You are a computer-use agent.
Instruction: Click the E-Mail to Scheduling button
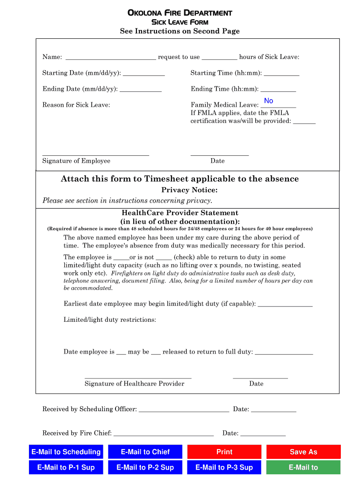[66, 452]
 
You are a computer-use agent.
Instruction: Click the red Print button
[224, 452]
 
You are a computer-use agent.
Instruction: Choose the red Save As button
[303, 452]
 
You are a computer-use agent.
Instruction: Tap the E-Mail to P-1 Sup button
[66, 467]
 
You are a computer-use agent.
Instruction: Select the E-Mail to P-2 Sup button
[145, 467]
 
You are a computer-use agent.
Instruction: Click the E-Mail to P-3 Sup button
[224, 467]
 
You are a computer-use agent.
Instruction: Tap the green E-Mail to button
[303, 467]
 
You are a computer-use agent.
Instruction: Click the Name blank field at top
[111, 57]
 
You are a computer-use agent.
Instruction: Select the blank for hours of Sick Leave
[219, 57]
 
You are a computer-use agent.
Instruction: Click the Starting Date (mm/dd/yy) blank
[144, 73]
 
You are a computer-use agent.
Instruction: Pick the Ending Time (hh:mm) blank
[278, 89]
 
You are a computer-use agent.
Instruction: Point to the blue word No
[268, 101]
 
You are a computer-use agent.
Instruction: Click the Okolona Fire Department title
[180, 13]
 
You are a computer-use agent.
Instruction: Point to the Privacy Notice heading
[189, 190]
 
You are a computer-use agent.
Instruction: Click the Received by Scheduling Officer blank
[184, 409]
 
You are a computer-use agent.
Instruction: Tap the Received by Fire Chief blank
[163, 433]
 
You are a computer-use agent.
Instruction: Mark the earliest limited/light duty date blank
[285, 304]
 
